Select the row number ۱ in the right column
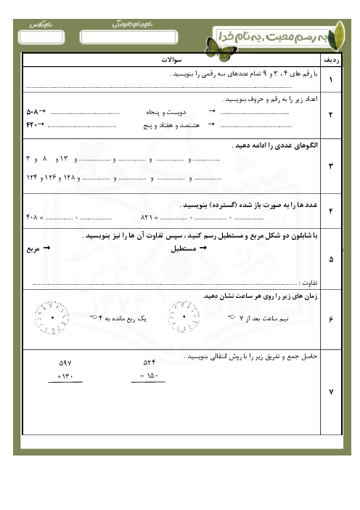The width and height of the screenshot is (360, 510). (x=331, y=80)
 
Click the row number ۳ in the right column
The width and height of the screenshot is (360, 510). (x=331, y=166)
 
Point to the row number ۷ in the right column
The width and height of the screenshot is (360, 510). (x=331, y=392)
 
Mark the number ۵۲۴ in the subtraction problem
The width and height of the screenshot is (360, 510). (x=150, y=362)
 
